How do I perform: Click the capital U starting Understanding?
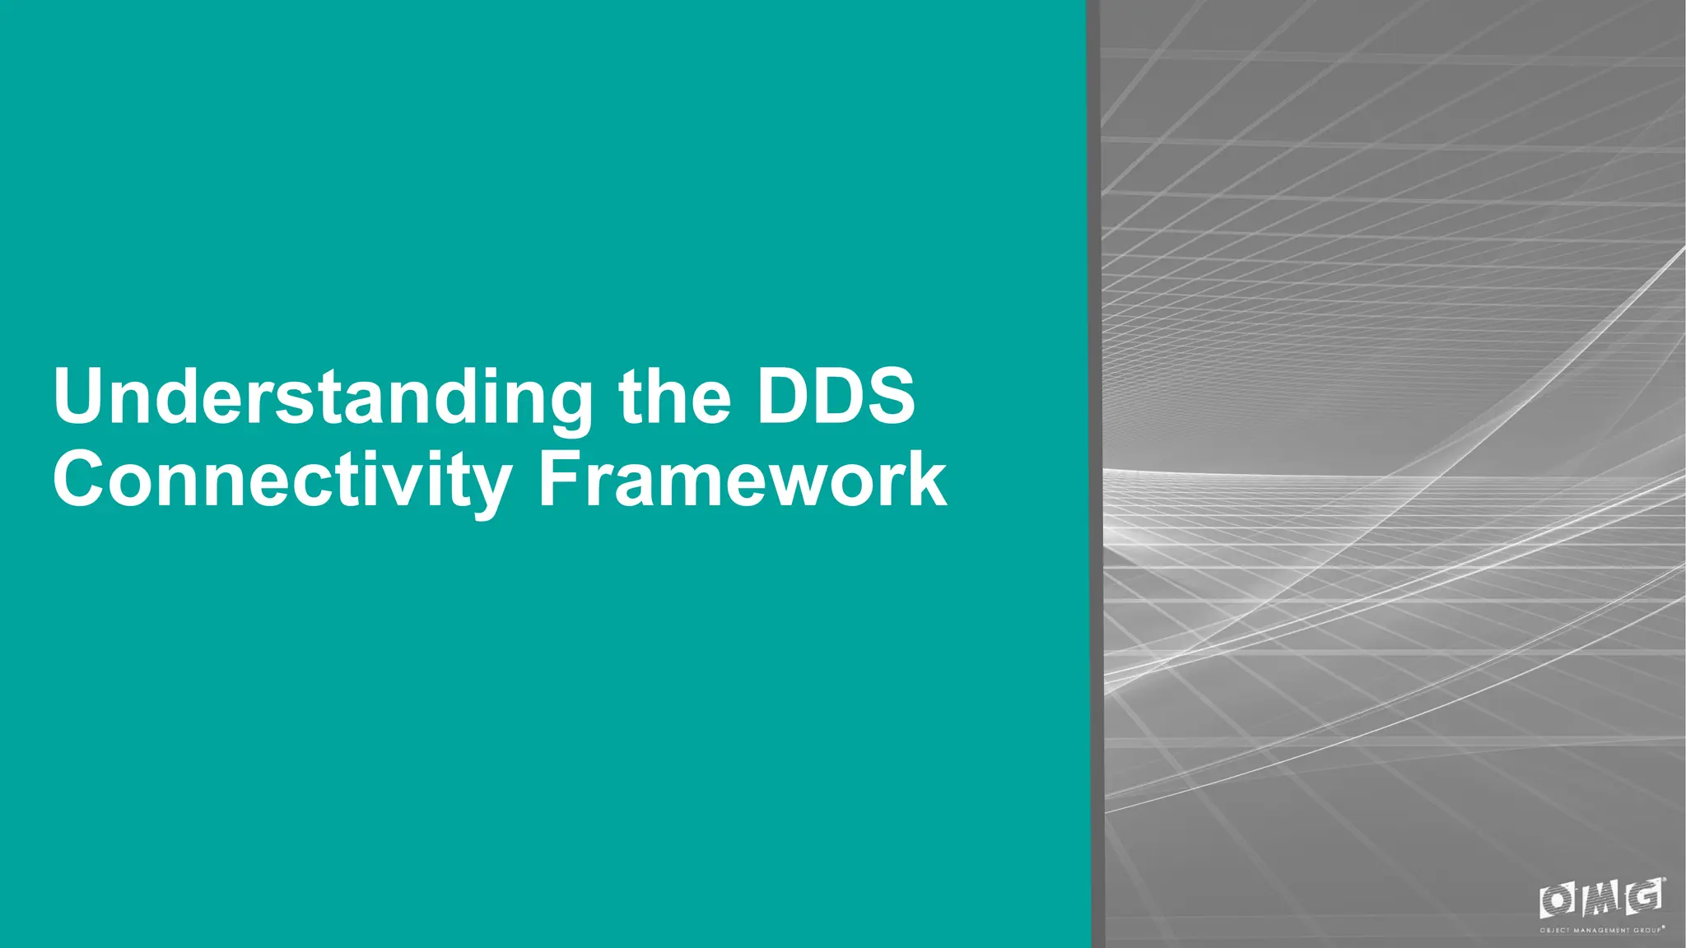(x=81, y=396)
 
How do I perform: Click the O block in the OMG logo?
(x=1558, y=900)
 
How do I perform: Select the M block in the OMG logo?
(x=1601, y=899)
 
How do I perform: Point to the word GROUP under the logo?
(x=1647, y=931)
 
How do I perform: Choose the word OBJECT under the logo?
(x=1554, y=931)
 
